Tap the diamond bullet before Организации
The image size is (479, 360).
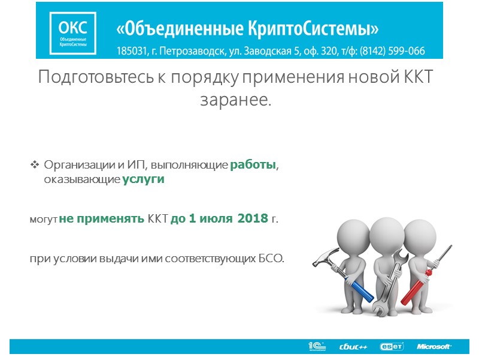tap(34, 164)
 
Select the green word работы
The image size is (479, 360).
tap(253, 165)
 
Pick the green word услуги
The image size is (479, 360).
tap(144, 179)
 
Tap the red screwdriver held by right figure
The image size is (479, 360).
tap(419, 282)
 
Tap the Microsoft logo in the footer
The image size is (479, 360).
tap(434, 347)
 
